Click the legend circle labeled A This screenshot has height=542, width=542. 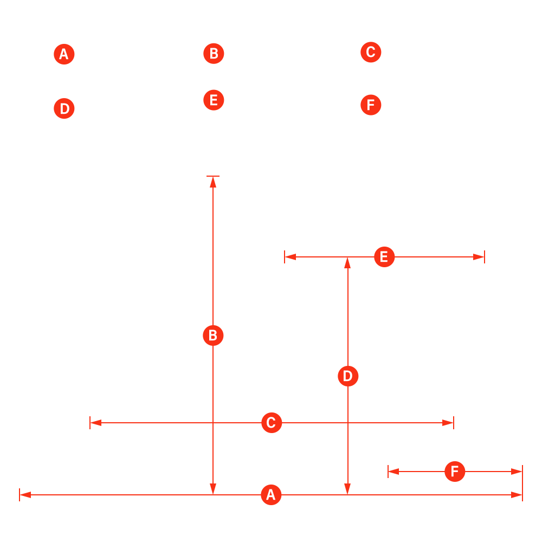tap(64, 54)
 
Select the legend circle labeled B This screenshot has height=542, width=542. tap(214, 54)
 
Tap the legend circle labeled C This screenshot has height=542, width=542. tap(371, 52)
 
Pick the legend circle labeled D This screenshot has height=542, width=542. tap(64, 108)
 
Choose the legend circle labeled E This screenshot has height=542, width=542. tap(214, 100)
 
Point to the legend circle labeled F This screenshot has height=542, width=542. tap(371, 105)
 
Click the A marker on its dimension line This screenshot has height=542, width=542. tap(271, 495)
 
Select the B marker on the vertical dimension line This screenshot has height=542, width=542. tap(213, 335)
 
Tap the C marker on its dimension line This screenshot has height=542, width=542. tap(272, 423)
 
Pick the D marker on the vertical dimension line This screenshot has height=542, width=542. tap(348, 376)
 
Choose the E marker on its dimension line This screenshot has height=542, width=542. tap(384, 257)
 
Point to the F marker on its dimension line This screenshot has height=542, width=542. tap(455, 472)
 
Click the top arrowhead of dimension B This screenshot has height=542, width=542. tap(213, 182)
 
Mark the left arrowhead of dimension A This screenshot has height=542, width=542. tap(25, 495)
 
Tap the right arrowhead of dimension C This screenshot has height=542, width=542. tap(448, 423)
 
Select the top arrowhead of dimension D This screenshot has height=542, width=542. tap(348, 263)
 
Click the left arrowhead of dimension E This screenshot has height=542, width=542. tap(291, 257)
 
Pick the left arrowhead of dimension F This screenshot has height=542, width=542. tap(393, 472)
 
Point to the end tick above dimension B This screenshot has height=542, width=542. tap(213, 176)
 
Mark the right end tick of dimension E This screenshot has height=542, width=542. tap(485, 257)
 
